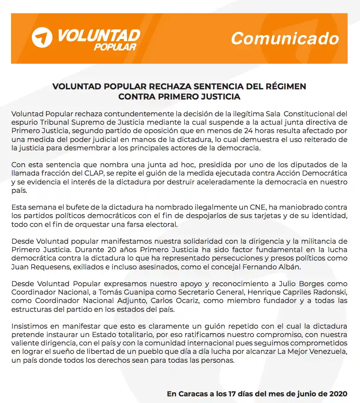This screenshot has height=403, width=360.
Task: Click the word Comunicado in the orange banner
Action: [285, 38]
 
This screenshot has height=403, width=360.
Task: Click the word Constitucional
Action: [316, 113]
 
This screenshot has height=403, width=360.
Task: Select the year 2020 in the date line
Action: [337, 393]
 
